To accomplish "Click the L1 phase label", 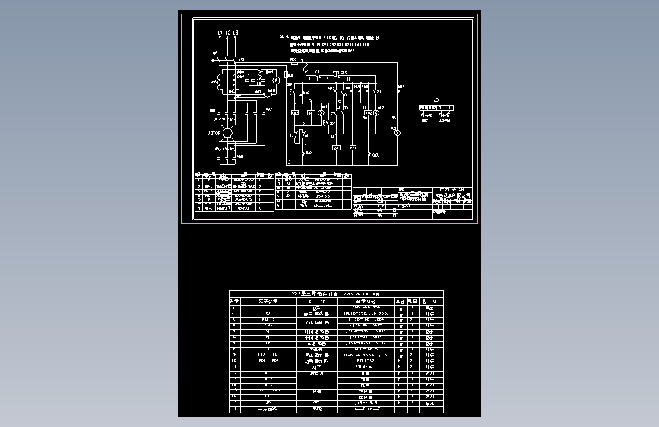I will pyautogui.click(x=220, y=33).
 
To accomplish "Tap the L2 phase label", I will pyautogui.click(x=228, y=33).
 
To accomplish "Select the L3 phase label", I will pyautogui.click(x=236, y=33).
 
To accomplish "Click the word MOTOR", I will pyautogui.click(x=214, y=133).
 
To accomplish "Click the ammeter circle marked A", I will pyautogui.click(x=276, y=79).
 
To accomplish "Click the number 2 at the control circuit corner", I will pyautogui.click(x=289, y=163).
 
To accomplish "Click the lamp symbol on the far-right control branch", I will pyautogui.click(x=394, y=131).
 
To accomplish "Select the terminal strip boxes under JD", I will pyautogui.click(x=436, y=108).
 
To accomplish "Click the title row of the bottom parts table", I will pyautogui.click(x=336, y=293).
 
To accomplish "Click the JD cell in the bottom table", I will pyautogui.click(x=268, y=403).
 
